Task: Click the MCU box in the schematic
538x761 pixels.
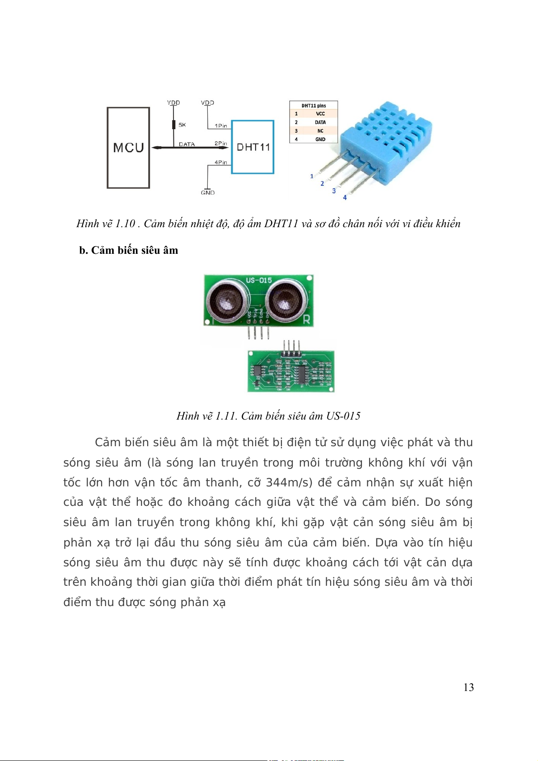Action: click(x=128, y=148)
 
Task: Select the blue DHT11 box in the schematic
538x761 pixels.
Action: click(x=253, y=147)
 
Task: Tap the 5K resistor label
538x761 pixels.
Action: click(x=182, y=125)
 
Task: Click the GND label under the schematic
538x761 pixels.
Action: click(x=208, y=193)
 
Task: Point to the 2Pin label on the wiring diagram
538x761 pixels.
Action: click(x=220, y=144)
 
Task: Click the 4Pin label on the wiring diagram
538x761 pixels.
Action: click(x=220, y=162)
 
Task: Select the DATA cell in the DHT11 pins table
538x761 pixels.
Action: click(x=320, y=122)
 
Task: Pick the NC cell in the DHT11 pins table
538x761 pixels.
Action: click(x=320, y=131)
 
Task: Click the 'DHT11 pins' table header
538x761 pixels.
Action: click(x=313, y=106)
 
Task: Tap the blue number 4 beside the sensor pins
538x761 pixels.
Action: click(x=345, y=197)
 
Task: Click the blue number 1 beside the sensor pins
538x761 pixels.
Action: click(x=312, y=176)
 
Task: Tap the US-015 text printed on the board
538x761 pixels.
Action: click(x=259, y=280)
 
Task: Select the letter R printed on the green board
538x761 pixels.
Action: click(x=307, y=320)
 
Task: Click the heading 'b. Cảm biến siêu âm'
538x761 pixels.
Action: click(x=129, y=250)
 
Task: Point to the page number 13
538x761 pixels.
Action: click(x=468, y=687)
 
